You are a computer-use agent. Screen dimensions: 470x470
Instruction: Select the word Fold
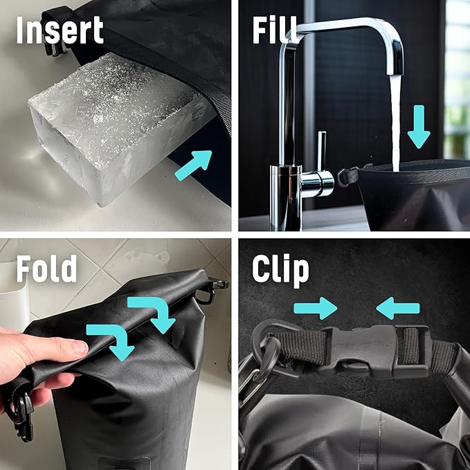pyautogui.click(x=46, y=270)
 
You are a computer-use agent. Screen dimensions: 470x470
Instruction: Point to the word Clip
pyautogui.click(x=280, y=270)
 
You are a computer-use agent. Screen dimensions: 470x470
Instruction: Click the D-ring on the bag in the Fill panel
pyautogui.click(x=345, y=179)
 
